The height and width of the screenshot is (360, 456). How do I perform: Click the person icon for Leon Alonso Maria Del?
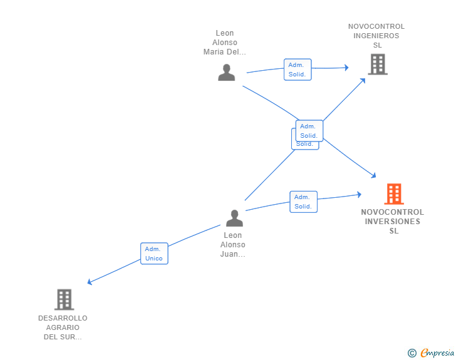pos(226,73)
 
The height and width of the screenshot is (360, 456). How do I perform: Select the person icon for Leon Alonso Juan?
pos(234,218)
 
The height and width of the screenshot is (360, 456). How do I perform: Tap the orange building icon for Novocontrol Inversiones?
pos(393,194)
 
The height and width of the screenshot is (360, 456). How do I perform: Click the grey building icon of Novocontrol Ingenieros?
pos(377,64)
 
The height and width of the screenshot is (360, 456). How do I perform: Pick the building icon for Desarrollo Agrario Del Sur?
pos(64,299)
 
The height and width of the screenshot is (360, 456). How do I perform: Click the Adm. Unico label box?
pos(154,254)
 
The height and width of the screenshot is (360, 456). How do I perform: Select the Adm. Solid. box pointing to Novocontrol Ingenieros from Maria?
pos(298,69)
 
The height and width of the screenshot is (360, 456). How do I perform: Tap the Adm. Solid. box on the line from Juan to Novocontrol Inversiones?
pos(303,202)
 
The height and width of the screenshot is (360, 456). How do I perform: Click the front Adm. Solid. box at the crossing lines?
pos(309,131)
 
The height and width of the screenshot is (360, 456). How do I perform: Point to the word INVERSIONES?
pos(393,222)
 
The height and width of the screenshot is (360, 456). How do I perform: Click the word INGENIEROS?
pos(376,36)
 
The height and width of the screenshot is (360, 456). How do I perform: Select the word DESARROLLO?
pos(63,318)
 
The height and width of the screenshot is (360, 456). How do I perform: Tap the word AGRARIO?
pos(63,327)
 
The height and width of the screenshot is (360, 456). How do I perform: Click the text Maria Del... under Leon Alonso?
pos(225,52)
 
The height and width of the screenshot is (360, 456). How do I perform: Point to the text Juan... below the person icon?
pos(233,254)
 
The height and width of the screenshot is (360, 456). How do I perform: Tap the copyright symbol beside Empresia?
pos(412,354)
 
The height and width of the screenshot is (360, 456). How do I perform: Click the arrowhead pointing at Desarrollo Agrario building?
pos(90,283)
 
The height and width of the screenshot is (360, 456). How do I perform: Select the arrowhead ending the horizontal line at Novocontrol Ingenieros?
pos(346,67)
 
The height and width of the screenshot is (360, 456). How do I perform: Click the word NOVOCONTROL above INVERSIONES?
pos(393,212)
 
